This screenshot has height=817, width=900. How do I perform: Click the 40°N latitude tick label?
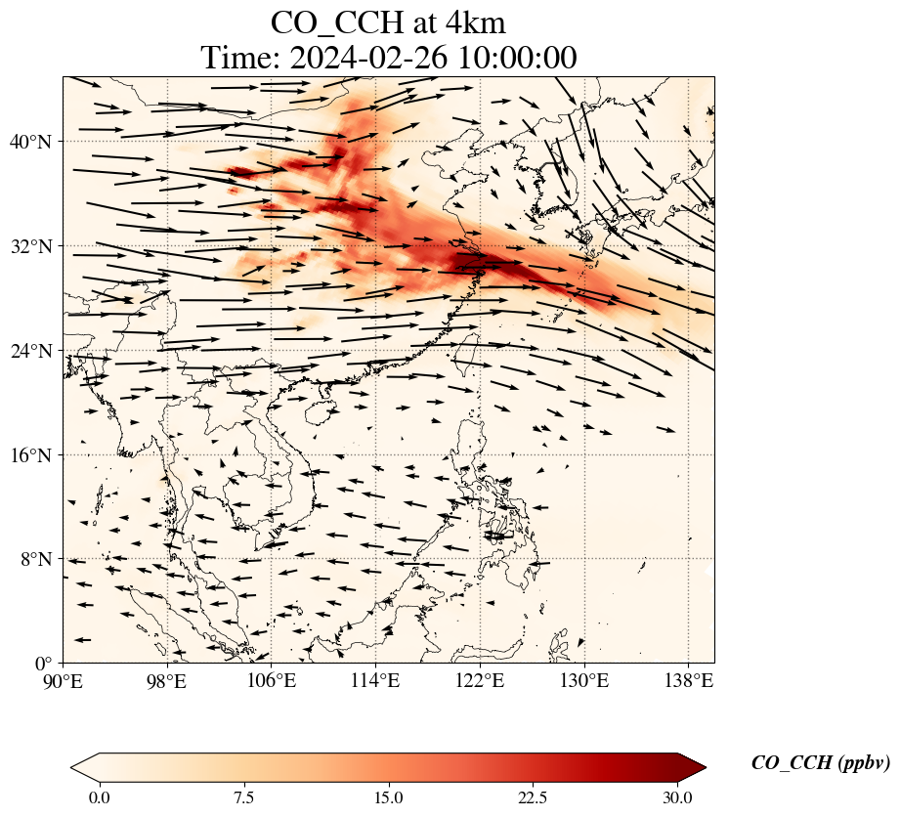point(30,142)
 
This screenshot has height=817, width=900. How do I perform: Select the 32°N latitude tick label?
point(30,246)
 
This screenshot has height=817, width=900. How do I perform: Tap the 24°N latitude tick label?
point(30,351)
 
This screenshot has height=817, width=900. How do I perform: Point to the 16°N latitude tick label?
point(30,455)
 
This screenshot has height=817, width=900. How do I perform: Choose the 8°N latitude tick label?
point(36,559)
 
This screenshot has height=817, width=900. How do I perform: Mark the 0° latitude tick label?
point(43,665)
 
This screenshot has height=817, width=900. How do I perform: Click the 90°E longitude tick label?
point(64,681)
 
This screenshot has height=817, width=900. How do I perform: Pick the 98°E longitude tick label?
point(168,681)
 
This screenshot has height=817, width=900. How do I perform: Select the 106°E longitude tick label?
point(272,681)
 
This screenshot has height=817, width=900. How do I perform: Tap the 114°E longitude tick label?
point(376,681)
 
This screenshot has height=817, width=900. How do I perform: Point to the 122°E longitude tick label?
point(481,681)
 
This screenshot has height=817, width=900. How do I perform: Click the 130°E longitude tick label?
point(585,681)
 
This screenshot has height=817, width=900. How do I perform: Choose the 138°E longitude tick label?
point(689,681)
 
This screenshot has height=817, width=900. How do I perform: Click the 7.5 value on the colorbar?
point(244,798)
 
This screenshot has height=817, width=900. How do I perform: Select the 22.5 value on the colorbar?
point(534,798)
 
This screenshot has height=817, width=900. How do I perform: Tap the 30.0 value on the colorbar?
point(677,798)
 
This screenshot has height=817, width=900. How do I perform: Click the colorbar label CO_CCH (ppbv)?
point(821,763)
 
